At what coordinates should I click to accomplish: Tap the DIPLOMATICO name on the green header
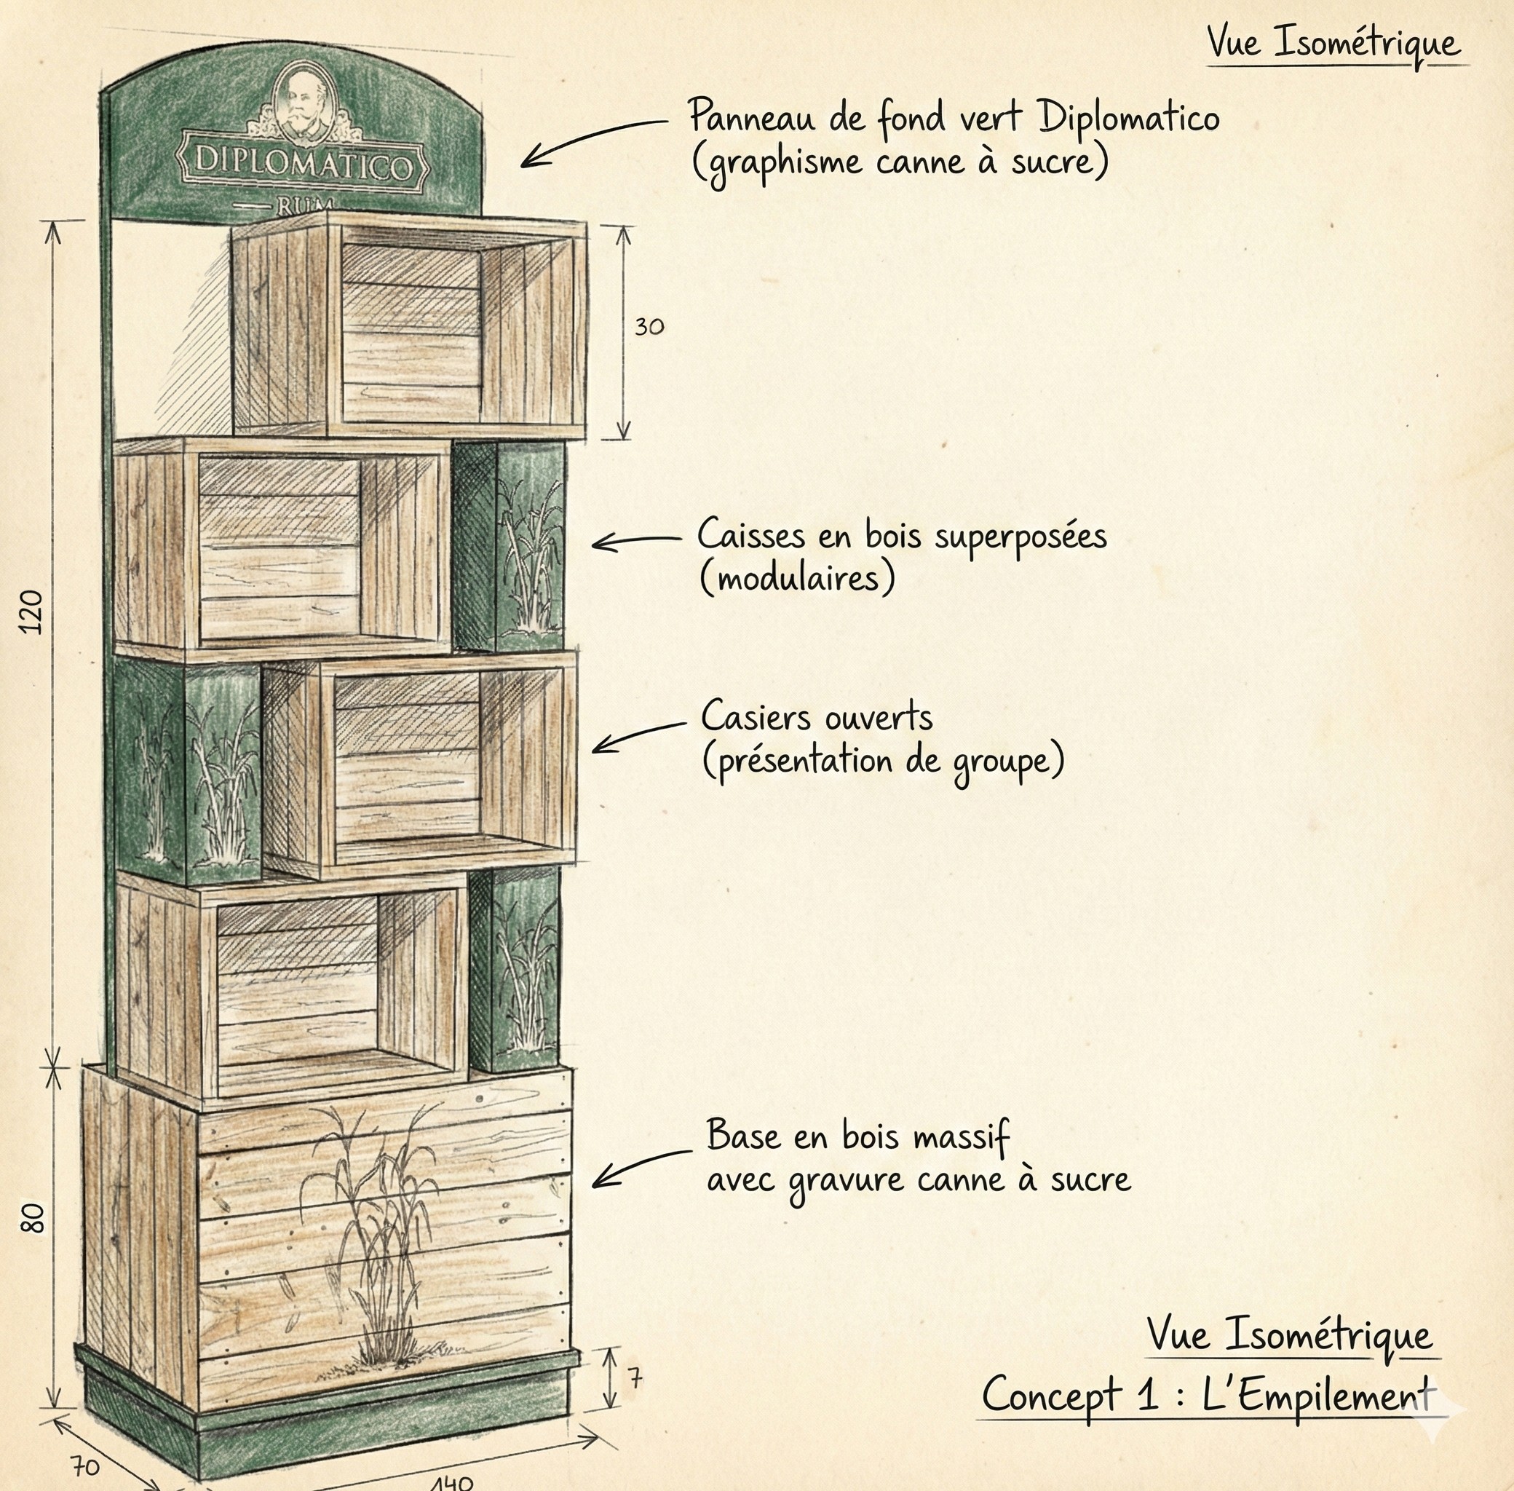(303, 165)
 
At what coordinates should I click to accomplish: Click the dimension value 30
(649, 327)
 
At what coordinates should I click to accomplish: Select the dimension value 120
(31, 612)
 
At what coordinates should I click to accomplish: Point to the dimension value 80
(33, 1219)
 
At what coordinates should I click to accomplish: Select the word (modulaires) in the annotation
(797, 579)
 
